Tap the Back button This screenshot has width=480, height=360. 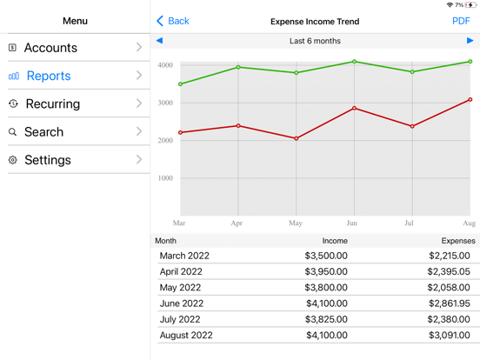click(172, 21)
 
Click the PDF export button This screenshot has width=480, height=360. click(461, 21)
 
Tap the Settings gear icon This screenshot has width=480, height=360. click(13, 160)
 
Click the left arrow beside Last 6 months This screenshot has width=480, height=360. click(159, 41)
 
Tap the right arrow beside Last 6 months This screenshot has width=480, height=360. click(470, 41)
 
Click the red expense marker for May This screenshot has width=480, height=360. click(297, 138)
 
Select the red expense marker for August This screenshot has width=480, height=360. click(470, 100)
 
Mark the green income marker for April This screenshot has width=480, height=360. click(238, 67)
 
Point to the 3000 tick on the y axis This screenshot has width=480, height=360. click(164, 103)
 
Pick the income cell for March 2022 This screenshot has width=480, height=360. click(326, 257)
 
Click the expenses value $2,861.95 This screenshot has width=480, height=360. click(449, 303)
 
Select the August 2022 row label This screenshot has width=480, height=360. click(185, 335)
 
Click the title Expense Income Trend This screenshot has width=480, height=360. click(315, 21)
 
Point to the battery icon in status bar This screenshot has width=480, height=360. click(470, 5)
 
